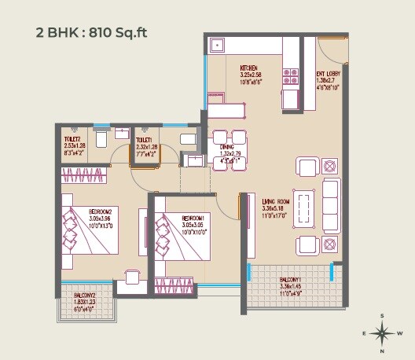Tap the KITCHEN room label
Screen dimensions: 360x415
coord(249,68)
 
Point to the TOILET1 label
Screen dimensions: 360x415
coord(145,138)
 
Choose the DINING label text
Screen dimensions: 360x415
coord(226,146)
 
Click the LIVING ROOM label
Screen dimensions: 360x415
coord(276,201)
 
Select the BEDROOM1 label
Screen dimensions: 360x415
coord(193,218)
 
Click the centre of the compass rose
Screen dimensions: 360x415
coord(382,333)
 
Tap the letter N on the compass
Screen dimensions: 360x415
coord(382,351)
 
